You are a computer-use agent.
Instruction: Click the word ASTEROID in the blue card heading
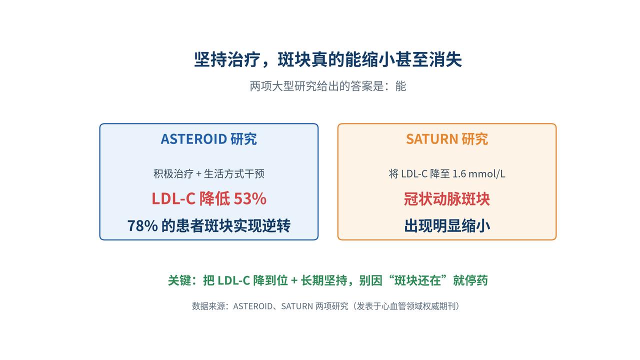(x=194, y=139)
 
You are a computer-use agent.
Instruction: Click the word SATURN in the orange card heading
(x=432, y=139)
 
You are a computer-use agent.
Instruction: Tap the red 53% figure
(x=250, y=198)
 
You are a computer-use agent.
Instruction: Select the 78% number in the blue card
(x=142, y=225)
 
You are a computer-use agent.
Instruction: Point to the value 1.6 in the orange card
(x=459, y=173)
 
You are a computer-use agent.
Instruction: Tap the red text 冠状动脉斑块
(x=447, y=199)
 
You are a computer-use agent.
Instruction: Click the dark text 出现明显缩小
(x=447, y=225)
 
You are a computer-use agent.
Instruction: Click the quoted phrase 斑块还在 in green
(x=417, y=280)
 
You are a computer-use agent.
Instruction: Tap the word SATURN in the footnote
(x=297, y=306)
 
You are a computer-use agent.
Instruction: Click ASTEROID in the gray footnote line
(x=253, y=306)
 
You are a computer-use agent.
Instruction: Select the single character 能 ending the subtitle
(x=400, y=86)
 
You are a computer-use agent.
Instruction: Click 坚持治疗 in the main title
(x=227, y=59)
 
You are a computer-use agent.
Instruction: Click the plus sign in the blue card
(x=199, y=174)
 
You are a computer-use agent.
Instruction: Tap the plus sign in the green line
(x=294, y=280)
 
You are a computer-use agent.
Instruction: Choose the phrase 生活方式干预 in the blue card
(x=234, y=173)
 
